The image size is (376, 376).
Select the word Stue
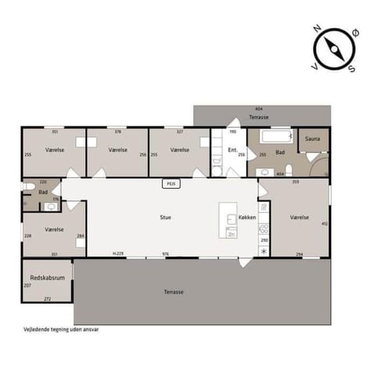(x=165, y=217)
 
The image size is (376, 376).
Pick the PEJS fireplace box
(x=170, y=184)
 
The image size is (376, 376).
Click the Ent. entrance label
(x=232, y=149)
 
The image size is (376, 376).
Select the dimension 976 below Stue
(x=166, y=255)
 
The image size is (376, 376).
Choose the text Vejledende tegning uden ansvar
(x=55, y=330)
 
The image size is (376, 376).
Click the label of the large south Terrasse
(x=174, y=291)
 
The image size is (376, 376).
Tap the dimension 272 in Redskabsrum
(x=47, y=299)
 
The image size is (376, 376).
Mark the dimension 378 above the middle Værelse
(x=117, y=132)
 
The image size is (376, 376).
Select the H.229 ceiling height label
(x=118, y=255)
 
